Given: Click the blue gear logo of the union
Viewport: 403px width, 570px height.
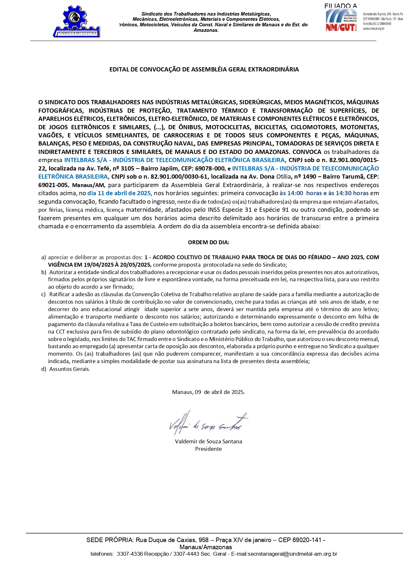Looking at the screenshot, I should point(77,20).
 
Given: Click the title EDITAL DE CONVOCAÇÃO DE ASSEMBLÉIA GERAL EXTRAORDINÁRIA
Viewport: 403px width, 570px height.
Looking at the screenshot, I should point(204,70).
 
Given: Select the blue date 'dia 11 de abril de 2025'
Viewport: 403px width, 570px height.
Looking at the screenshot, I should point(119,193).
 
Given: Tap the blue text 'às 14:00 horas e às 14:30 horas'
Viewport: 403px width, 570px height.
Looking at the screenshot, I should point(324,193).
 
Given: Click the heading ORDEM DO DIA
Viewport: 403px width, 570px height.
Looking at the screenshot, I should point(208,242).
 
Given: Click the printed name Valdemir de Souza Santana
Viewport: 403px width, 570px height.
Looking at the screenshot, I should point(208,441).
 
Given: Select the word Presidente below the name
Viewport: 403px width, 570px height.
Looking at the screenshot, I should point(208,449).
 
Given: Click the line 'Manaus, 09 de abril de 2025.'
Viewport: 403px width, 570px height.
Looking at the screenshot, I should point(208,392).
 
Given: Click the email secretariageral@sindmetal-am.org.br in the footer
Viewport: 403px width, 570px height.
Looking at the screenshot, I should point(292,554).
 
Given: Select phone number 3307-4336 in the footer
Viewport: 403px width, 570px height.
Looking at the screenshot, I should point(130,554).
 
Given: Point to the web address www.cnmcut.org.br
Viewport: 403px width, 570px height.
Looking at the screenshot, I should point(374,29).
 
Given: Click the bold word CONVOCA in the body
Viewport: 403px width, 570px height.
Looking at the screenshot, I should point(307,152).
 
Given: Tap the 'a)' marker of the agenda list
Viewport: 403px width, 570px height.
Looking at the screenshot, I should point(44,257).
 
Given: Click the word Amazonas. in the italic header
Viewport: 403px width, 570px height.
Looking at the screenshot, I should point(206,30).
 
